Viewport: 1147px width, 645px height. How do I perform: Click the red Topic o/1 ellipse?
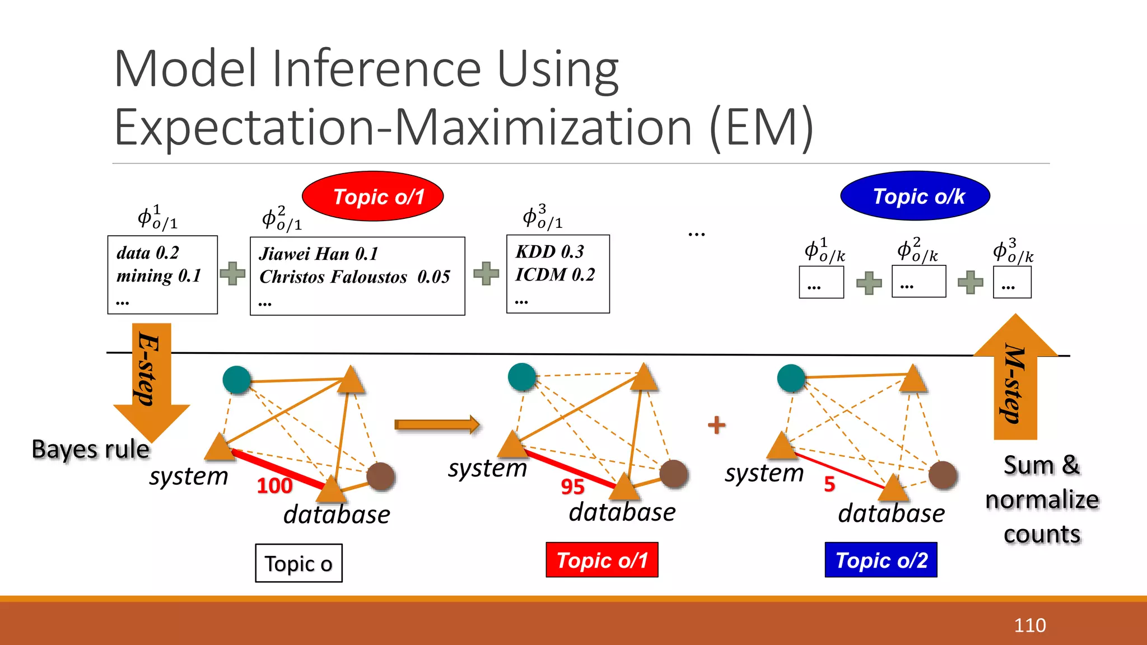click(x=373, y=196)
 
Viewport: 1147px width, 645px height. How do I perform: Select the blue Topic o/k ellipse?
click(x=915, y=196)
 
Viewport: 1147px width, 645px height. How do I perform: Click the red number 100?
click(x=274, y=485)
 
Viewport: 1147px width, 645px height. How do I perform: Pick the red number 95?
click(x=572, y=487)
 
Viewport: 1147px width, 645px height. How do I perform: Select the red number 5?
click(x=829, y=484)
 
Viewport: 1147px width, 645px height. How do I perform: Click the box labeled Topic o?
click(x=299, y=563)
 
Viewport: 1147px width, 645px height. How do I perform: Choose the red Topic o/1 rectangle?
click(x=602, y=560)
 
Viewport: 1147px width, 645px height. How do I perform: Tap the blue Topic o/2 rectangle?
click(x=881, y=560)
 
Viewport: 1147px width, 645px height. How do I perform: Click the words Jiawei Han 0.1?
click(x=318, y=254)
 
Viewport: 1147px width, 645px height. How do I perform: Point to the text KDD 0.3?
click(x=549, y=251)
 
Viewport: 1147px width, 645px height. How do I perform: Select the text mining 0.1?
click(x=158, y=275)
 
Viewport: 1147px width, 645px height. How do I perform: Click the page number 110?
click(x=1029, y=625)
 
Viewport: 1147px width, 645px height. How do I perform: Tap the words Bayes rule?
click(x=91, y=449)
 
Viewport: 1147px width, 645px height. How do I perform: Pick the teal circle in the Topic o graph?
click(x=237, y=380)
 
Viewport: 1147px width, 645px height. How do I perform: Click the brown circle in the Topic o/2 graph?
click(x=943, y=475)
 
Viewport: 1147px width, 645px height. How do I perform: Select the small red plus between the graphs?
click(x=717, y=425)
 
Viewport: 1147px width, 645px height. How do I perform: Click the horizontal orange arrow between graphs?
click(x=437, y=425)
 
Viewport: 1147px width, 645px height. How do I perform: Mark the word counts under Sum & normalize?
click(x=1042, y=534)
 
